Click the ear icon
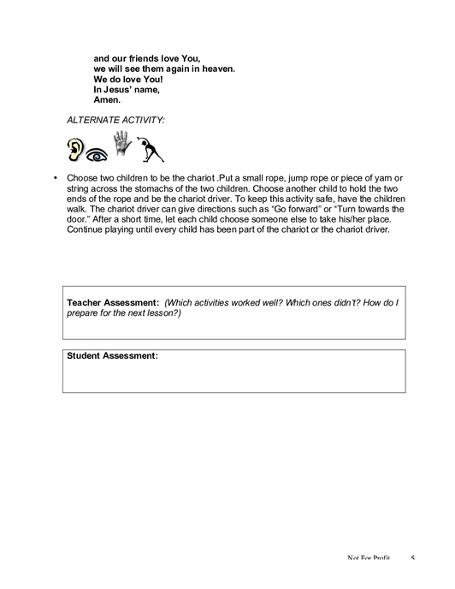coord(75,150)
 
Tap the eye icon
coord(97,155)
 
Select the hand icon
coord(122,143)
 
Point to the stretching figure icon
coord(151,150)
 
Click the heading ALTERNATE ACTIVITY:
coord(115,120)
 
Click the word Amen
coord(107,100)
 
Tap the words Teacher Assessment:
coord(113,303)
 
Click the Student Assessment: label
coord(112,356)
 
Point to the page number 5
coord(412,558)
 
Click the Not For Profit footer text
coord(369,558)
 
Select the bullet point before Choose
coord(56,178)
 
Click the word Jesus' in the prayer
coord(121,90)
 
